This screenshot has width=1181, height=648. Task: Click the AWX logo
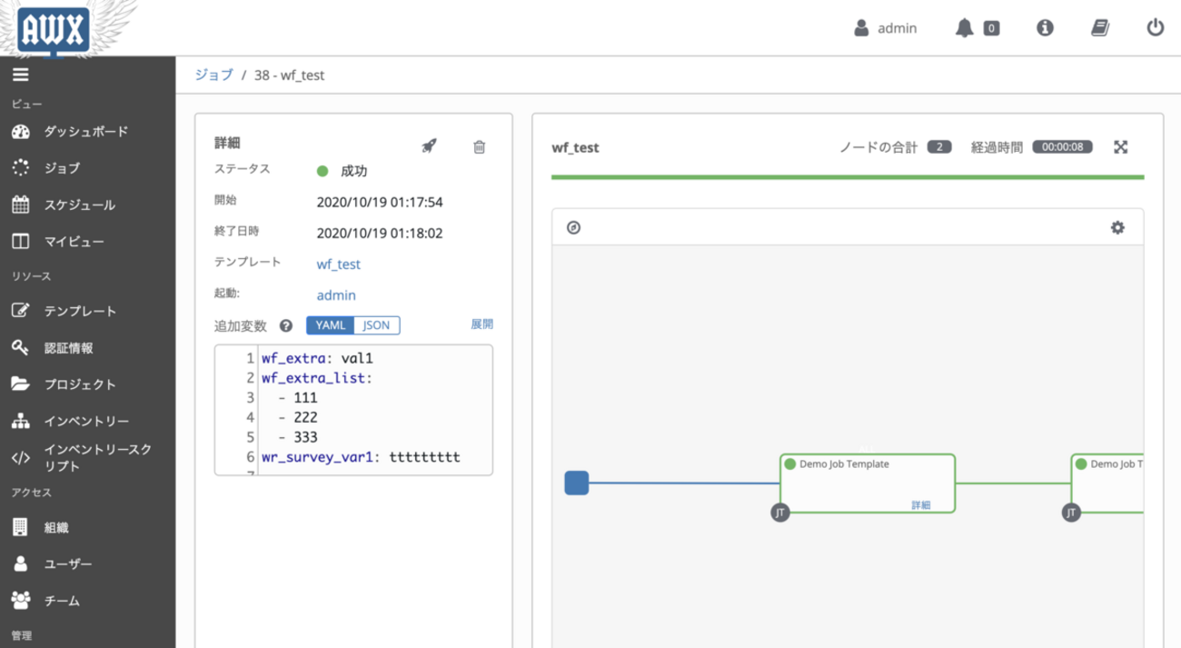53,30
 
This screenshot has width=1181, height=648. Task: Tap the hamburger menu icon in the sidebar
21,75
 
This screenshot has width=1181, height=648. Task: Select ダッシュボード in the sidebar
86,131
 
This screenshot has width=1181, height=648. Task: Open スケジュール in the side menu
80,204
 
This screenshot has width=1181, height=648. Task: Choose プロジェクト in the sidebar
80,384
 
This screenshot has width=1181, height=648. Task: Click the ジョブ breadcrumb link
214,75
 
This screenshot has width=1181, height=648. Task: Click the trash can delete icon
479,146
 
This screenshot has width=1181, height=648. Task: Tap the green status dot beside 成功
323,171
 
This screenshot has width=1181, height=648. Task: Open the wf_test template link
339,264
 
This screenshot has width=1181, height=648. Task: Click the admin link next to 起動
336,295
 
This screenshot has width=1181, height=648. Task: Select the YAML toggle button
330,325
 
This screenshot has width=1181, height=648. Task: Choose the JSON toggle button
376,325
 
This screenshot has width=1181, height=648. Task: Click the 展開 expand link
481,324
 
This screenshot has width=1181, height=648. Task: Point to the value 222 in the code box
306,417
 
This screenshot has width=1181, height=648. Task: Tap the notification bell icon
964,28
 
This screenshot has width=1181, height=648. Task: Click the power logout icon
1156,27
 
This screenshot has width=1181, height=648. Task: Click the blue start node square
576,483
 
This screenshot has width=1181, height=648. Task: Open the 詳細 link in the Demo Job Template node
920,505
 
